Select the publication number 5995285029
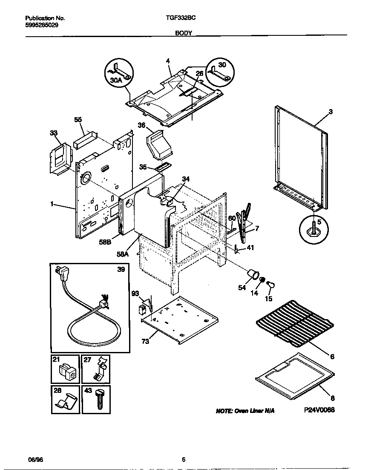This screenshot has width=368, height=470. click(42, 25)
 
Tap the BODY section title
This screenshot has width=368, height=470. click(184, 32)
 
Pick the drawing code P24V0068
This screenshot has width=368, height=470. click(319, 410)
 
